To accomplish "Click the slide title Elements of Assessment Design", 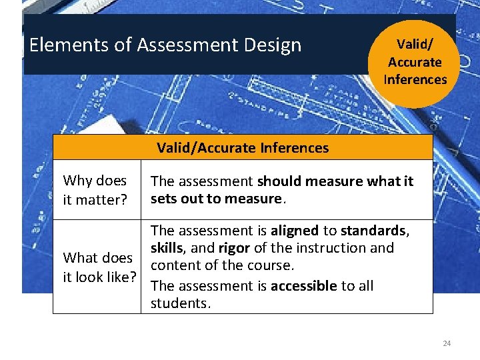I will tap(165, 45).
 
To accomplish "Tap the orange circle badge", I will tap(415, 62).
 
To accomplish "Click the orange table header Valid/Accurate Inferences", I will tap(243, 147).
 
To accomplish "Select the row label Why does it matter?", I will tap(95, 189).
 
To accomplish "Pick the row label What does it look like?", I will tap(99, 267).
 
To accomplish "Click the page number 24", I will tap(447, 343).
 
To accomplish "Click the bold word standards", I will tap(373, 231).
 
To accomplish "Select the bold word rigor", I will tap(234, 248).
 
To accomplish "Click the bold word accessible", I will tap(303, 286).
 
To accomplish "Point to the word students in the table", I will tap(179, 303).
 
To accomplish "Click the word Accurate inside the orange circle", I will tap(415, 62).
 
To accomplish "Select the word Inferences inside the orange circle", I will tap(415, 79).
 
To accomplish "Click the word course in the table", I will tap(272, 265).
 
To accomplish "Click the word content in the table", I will tap(174, 265).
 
